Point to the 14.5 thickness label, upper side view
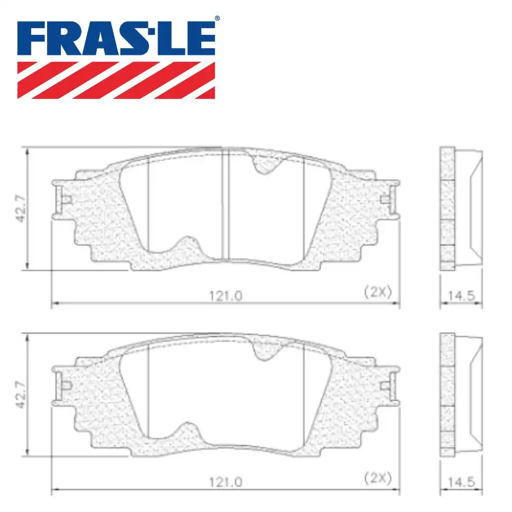click(x=461, y=295)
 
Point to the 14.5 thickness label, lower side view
click(x=461, y=482)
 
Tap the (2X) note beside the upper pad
click(x=377, y=292)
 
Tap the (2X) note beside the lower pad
click(x=377, y=479)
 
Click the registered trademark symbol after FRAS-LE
click(x=217, y=18)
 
